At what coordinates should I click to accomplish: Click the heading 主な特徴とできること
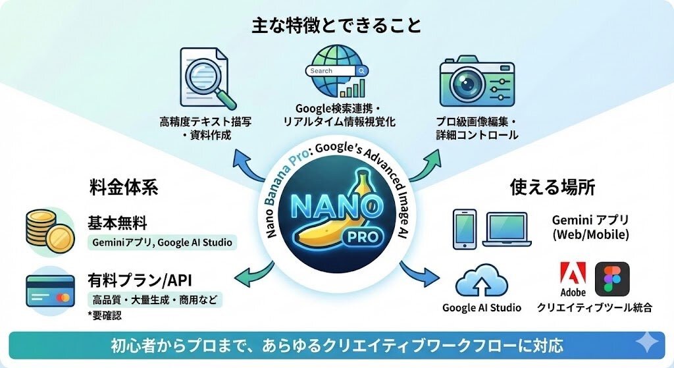point(336,26)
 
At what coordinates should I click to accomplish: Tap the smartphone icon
point(465,229)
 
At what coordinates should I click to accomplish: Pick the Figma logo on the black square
point(611,278)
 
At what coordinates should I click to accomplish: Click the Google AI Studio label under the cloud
point(481,307)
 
